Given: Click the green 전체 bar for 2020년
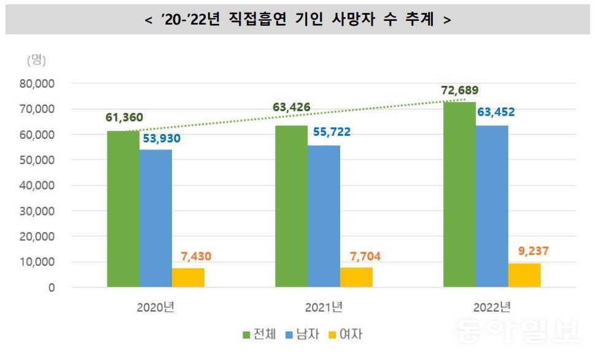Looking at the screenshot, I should coord(123,209).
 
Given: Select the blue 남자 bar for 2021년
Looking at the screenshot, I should coord(324,216).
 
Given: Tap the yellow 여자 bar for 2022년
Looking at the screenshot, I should coord(524,275).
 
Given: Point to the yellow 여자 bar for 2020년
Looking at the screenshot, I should coord(188,278).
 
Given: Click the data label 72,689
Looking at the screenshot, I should coord(459,91).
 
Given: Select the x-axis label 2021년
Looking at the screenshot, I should coord(324,307).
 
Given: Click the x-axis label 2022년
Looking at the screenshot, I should coord(491,307).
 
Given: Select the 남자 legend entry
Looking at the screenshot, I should coord(305,335).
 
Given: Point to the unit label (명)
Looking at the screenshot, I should coord(36,60).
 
